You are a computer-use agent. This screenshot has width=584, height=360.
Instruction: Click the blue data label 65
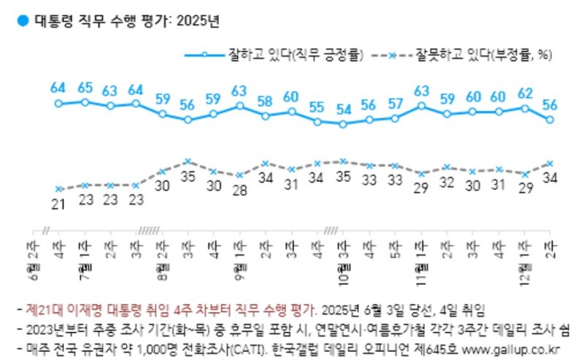[x=85, y=88]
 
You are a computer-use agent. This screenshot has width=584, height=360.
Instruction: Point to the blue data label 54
[x=343, y=110]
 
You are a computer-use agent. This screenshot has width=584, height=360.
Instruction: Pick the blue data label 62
[x=524, y=93]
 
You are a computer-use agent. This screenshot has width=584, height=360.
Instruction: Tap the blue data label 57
[x=395, y=103]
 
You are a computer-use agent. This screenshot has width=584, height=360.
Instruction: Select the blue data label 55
[x=317, y=107]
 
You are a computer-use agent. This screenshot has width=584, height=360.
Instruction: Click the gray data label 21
[x=58, y=204]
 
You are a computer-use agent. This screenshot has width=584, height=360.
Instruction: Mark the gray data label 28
[x=239, y=191]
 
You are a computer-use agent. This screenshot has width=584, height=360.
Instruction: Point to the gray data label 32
[x=447, y=182]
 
